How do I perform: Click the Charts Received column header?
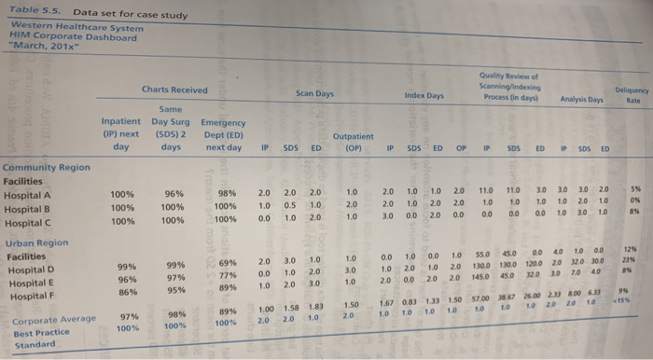click(x=174, y=90)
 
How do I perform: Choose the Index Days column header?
click(x=424, y=95)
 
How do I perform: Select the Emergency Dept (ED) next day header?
click(x=223, y=135)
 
